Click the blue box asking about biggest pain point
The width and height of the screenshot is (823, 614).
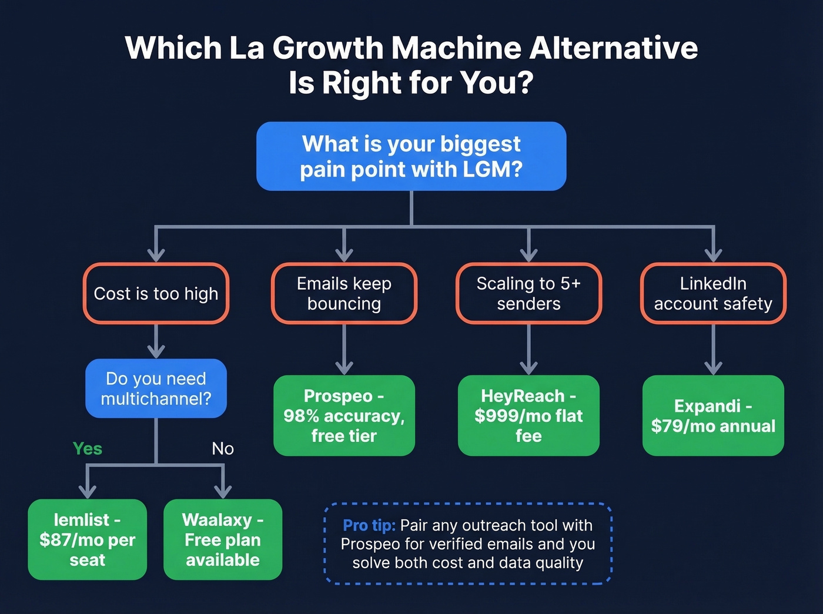coord(411,156)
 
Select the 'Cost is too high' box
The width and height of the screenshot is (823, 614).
coord(156,293)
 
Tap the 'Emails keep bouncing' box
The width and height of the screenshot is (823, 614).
coord(344,293)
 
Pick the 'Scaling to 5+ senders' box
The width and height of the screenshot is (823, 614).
coord(528,293)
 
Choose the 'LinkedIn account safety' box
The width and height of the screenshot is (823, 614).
coord(713,293)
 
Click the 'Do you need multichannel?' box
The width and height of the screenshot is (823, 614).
coord(156,388)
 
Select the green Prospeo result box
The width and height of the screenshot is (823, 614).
coord(344,415)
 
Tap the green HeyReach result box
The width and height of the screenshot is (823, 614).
coord(528,415)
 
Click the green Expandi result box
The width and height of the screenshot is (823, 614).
coord(713,415)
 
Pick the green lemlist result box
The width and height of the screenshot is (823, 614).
coord(88,539)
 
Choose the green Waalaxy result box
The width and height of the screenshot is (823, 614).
coord(223,539)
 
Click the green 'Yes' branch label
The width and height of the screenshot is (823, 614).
coord(88,448)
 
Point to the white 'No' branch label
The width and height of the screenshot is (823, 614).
coord(223,448)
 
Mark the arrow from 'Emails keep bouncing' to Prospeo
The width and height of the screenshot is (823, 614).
coord(344,350)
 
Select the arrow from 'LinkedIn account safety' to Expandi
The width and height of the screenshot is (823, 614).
coord(713,350)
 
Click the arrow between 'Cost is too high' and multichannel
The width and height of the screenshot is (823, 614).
coord(156,341)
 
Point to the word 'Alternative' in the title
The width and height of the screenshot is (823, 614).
coord(613,48)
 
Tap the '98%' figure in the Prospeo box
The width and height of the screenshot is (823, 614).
coord(301,416)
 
